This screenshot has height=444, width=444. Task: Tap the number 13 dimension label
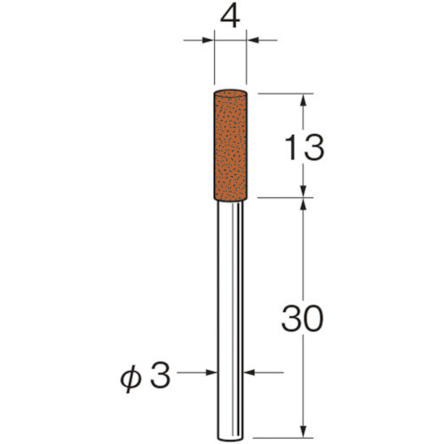pos(304,147)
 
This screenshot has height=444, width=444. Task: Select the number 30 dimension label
pos(302,318)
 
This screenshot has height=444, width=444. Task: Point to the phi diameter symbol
pos(130,380)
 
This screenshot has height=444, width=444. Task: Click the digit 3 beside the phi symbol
pos(160,376)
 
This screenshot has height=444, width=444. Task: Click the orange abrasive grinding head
pos(230,146)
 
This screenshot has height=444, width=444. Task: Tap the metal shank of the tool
pos(230,321)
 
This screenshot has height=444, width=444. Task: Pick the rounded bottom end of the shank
pos(230,439)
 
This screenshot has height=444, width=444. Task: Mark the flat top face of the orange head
pos(230,92)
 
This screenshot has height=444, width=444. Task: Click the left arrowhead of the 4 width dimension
pos(208,40)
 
